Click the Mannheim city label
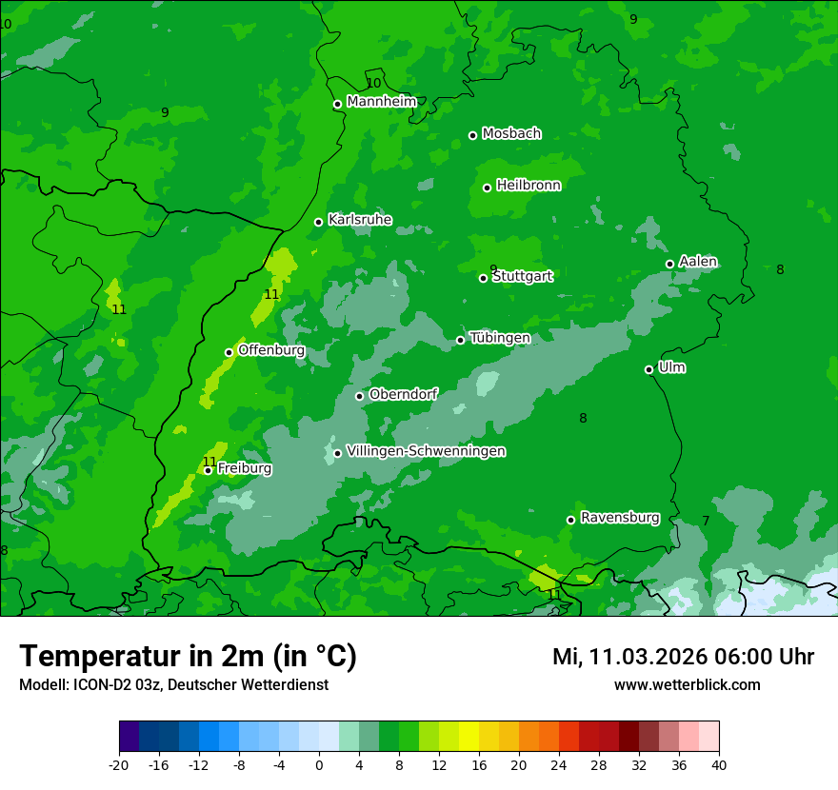point(382,102)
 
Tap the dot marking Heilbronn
point(487,188)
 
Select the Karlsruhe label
point(360,220)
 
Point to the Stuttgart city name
point(523,277)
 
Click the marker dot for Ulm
point(648,369)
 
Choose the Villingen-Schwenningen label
point(426,451)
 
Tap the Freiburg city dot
point(208,470)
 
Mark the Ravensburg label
point(620,518)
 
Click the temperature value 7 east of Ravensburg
point(706,521)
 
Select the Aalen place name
point(698,262)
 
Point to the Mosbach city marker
point(472,135)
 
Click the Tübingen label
point(500,338)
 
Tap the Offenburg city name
point(271,350)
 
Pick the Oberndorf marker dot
point(359,396)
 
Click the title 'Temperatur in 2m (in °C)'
point(188,657)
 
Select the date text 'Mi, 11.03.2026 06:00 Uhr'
point(683,657)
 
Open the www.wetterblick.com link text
point(687,685)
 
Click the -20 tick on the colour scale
point(119,764)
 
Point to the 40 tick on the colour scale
point(718,764)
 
